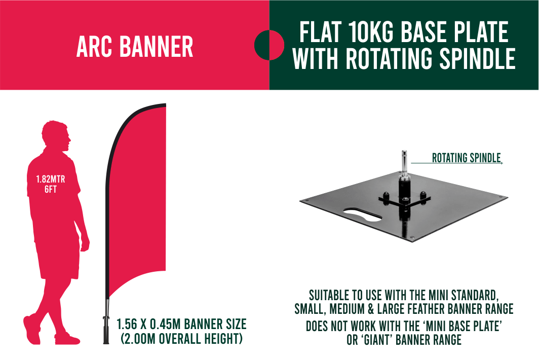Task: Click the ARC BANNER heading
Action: coord(135,47)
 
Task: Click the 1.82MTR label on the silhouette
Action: coord(51,179)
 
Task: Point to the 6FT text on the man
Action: coord(51,189)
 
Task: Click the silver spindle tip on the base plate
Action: coord(404,160)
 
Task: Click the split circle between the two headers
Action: coord(269,45)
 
